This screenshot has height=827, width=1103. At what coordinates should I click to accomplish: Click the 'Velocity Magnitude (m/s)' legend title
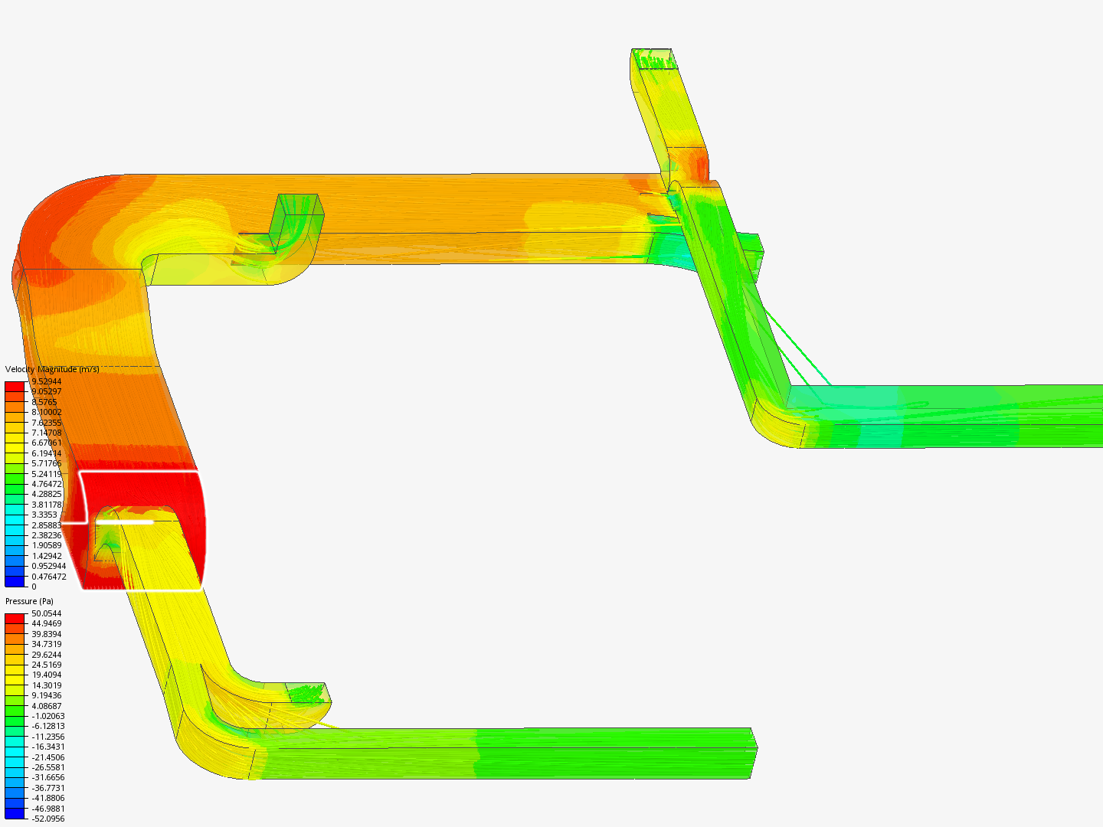52,369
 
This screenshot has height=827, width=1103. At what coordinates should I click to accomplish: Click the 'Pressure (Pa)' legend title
29,601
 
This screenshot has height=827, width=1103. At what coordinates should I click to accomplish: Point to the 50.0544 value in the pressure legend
46,613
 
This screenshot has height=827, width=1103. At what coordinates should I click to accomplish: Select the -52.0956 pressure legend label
47,819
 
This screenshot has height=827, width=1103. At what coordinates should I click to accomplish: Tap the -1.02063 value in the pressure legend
47,716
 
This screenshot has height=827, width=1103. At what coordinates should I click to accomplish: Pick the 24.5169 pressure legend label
46,665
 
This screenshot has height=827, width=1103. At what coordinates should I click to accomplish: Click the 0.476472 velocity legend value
48,577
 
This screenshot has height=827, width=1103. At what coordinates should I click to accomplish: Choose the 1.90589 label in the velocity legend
46,545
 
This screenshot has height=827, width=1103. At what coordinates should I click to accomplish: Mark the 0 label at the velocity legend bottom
34,587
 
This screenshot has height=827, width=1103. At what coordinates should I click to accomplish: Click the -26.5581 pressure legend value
47,767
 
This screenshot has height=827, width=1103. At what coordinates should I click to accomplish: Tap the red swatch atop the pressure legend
15,618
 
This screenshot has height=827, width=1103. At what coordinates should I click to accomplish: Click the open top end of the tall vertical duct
654,59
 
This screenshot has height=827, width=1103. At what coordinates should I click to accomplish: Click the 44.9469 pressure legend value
46,623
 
